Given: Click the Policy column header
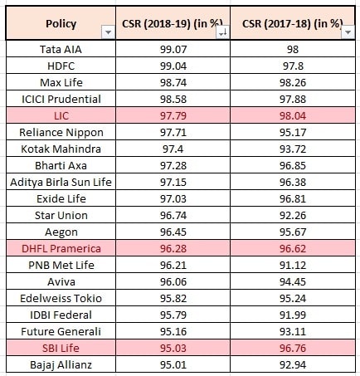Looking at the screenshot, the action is [61, 24].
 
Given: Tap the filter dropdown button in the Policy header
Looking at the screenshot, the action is [108, 32].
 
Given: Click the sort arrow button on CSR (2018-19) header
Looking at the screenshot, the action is [223, 32].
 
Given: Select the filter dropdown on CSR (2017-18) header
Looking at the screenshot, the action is [348, 32].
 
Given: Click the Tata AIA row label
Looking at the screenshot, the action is [61, 50].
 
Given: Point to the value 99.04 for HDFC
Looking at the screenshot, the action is [173, 66].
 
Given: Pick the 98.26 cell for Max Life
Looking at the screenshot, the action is [293, 83].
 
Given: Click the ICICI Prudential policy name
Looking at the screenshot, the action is [61, 100].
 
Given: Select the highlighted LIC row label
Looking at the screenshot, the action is [61, 116].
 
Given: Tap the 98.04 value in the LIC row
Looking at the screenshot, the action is [293, 116].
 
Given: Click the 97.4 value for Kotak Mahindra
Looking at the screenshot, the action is [173, 149].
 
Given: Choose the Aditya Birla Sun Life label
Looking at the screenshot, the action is [61, 183].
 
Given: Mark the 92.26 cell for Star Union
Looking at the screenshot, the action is [293, 216].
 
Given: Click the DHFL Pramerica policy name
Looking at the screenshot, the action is [61, 249].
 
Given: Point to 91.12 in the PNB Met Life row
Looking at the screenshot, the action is [293, 266].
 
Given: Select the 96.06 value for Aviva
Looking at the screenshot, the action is [173, 282].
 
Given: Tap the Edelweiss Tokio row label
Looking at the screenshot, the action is [61, 299].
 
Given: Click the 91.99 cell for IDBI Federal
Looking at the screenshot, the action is [293, 315].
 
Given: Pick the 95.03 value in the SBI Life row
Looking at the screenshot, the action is [173, 349].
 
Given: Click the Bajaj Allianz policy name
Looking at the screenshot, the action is [61, 365].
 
